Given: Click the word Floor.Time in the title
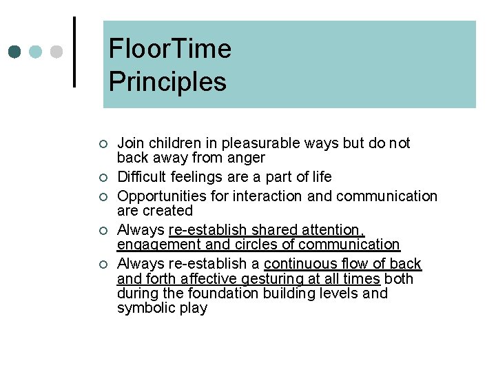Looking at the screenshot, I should tap(169, 49).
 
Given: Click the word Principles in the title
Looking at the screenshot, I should tap(167, 81).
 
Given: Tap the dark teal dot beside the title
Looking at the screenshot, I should tap(15, 52).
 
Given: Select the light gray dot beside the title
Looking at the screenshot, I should tap(56, 52).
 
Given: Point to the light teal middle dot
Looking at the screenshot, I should tap(36, 52).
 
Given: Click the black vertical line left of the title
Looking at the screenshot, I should tap(74, 52).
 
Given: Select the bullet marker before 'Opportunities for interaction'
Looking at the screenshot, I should tap(102, 196).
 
